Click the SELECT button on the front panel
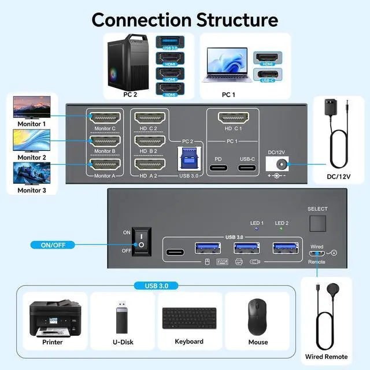(x=317, y=224)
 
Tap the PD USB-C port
(x=218, y=169)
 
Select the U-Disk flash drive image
(x=121, y=317)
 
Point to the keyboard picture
(x=189, y=317)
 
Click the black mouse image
(x=258, y=317)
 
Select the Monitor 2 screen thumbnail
(x=31, y=140)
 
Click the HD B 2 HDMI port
(x=149, y=140)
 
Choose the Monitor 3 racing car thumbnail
(x=31, y=173)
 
